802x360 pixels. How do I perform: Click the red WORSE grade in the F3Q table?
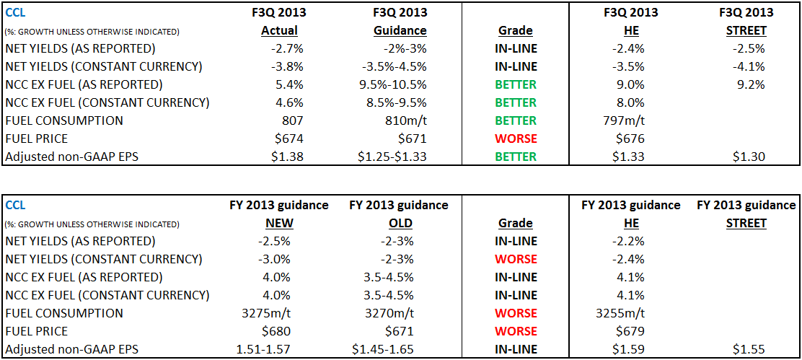pyautogui.click(x=516, y=139)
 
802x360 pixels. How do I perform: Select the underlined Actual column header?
pyautogui.click(x=279, y=30)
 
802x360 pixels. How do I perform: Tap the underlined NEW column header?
pyautogui.click(x=279, y=223)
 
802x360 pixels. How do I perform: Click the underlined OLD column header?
pyautogui.click(x=399, y=223)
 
